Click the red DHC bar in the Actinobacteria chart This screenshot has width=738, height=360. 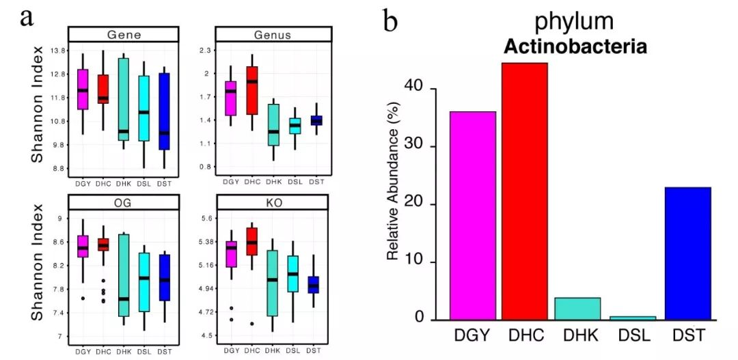pyautogui.click(x=525, y=191)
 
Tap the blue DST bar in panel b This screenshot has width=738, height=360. pyautogui.click(x=687, y=253)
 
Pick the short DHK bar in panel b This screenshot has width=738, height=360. pyautogui.click(x=578, y=309)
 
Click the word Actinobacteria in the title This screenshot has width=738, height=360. pyautogui.click(x=575, y=47)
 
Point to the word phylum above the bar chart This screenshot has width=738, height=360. pyautogui.click(x=574, y=22)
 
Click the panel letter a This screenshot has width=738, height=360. pyautogui.click(x=28, y=16)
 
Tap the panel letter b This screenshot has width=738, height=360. pyautogui.click(x=390, y=22)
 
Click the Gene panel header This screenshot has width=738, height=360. pyautogui.click(x=124, y=35)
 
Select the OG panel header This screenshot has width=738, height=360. pyautogui.click(x=124, y=202)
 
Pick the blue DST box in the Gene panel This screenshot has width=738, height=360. pyautogui.click(x=165, y=111)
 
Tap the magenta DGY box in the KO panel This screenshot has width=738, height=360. pyautogui.click(x=232, y=253)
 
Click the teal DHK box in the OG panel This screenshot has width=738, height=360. pyautogui.click(x=124, y=275)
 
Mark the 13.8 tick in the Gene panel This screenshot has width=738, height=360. pyautogui.click(x=57, y=51)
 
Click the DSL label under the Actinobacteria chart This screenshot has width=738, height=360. pyautogui.click(x=631, y=335)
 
